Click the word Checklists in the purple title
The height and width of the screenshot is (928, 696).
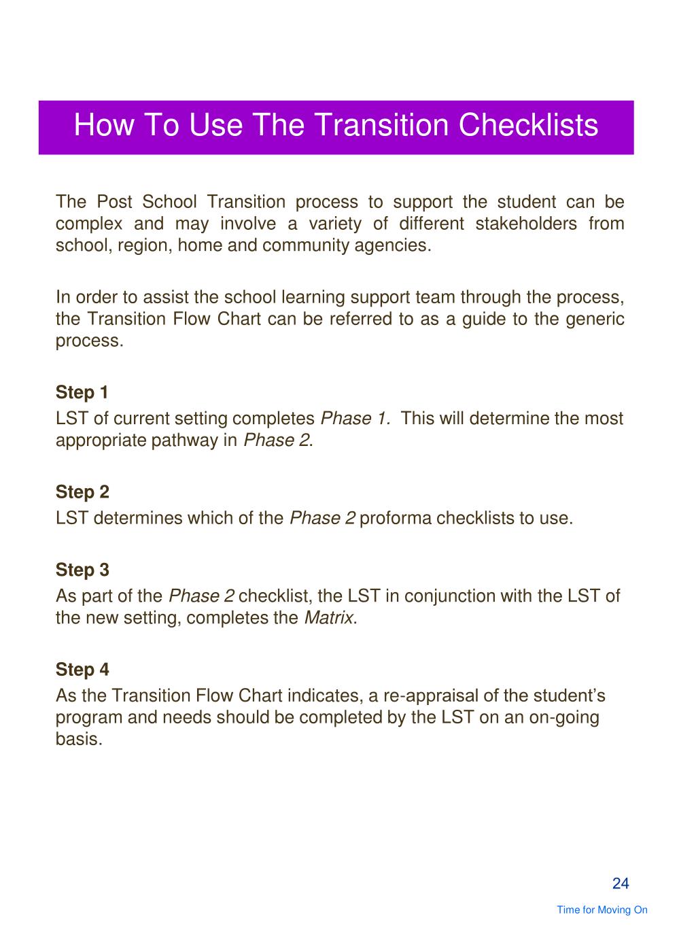(x=528, y=125)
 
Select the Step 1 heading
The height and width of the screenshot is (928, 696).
(x=82, y=393)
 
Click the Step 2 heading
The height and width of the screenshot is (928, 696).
(x=82, y=492)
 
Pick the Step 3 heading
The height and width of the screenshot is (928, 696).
(x=82, y=570)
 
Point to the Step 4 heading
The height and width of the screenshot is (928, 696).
(x=82, y=670)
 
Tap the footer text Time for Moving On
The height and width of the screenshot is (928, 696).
(x=602, y=910)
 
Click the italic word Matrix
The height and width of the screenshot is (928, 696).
(x=328, y=618)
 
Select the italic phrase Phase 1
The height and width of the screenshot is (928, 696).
(x=355, y=419)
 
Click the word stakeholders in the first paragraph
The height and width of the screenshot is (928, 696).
(x=525, y=224)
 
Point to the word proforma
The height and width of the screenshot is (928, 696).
(x=396, y=519)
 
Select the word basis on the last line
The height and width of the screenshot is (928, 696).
(x=79, y=739)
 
